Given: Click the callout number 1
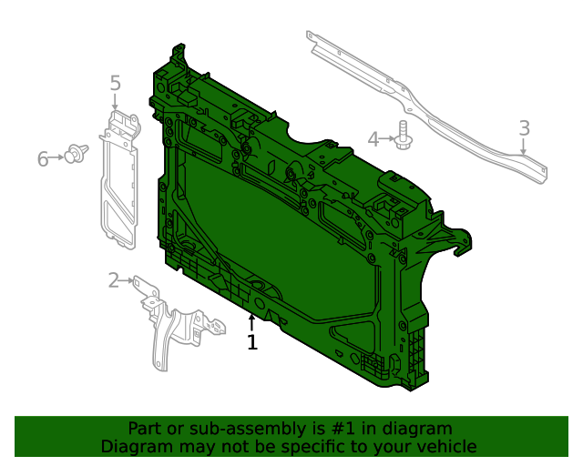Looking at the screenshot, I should click(x=252, y=343).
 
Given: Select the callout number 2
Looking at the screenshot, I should click(x=113, y=280).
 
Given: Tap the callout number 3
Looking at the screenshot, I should click(x=524, y=128).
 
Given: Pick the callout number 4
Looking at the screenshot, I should click(x=373, y=139).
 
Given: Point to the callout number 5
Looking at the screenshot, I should click(x=115, y=83).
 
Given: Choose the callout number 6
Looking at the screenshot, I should click(x=43, y=160).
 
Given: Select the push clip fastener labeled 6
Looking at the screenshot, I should click(x=75, y=155).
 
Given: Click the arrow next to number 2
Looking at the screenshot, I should click(x=129, y=280).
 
